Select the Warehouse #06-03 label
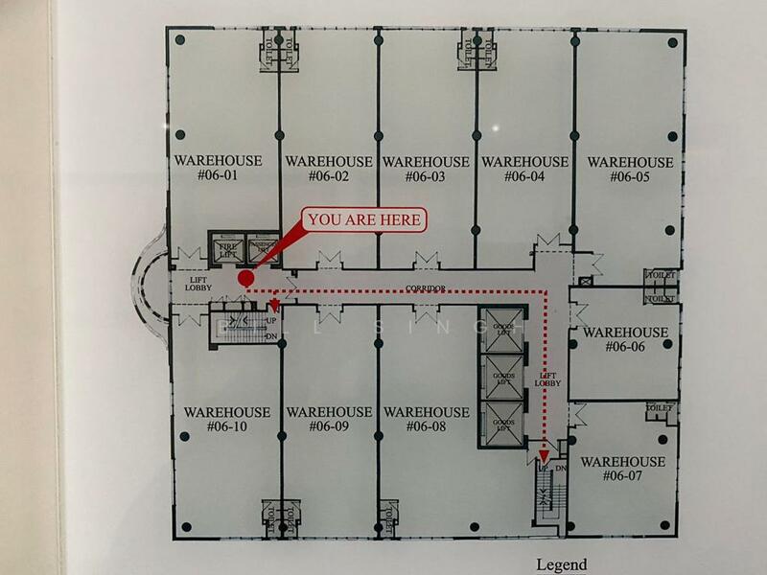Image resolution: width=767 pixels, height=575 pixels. pos(426,170)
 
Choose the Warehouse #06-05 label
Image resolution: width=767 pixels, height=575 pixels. pos(630,170)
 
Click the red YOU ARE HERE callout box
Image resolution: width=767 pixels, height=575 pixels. pos(365,219)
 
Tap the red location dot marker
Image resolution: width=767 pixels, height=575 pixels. pos(245,279)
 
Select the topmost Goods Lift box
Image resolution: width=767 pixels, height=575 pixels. pos(502,330)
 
